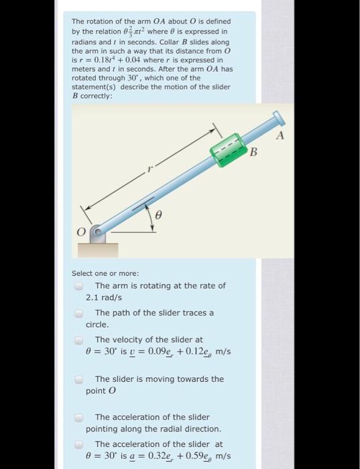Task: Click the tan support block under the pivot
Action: [99, 249]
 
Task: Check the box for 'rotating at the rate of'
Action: [79, 286]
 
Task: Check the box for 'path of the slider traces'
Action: [79, 314]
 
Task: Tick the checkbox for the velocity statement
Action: [79, 340]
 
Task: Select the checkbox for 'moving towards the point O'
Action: [79, 380]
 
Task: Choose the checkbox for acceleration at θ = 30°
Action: [79, 445]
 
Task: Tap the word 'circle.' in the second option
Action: [98, 324]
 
